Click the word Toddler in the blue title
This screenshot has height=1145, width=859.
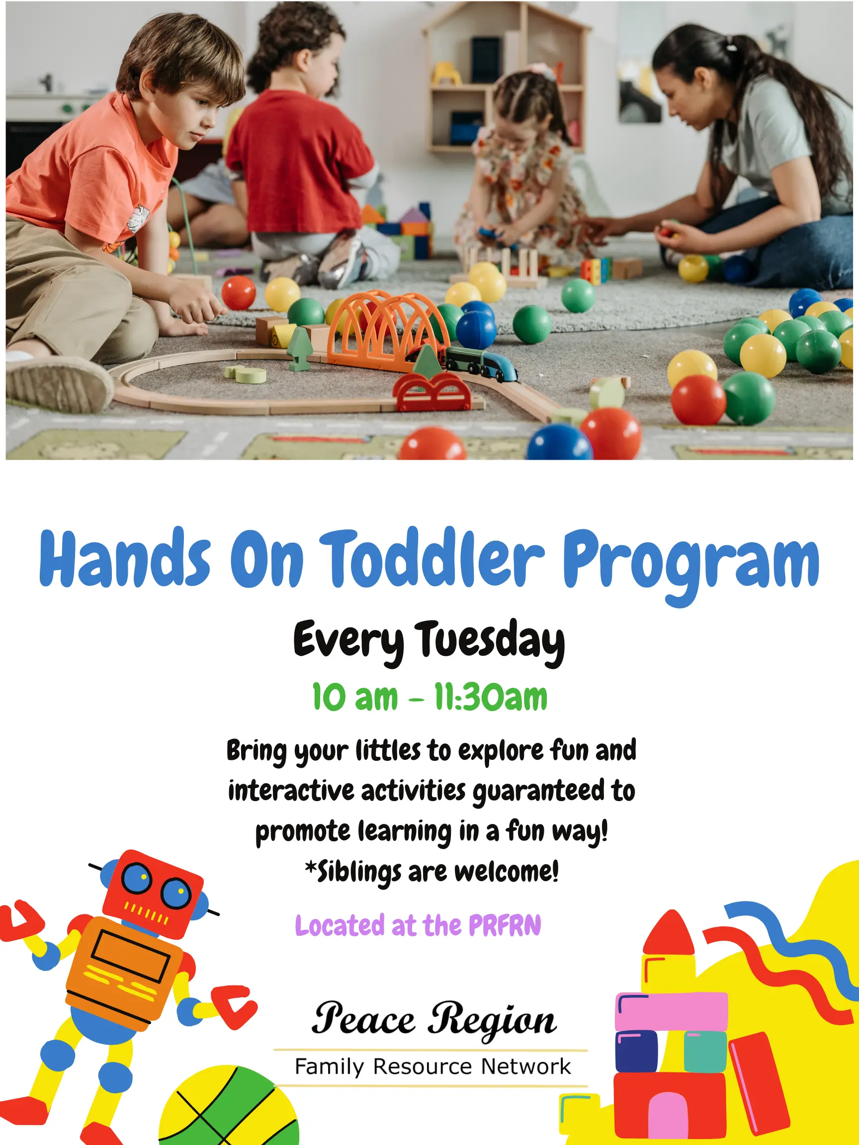tap(432, 559)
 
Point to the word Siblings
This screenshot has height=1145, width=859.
tap(358, 872)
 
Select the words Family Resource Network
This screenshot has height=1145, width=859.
tap(432, 1066)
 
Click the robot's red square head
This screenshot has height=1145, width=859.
tap(153, 893)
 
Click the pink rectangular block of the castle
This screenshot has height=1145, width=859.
tap(672, 1011)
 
